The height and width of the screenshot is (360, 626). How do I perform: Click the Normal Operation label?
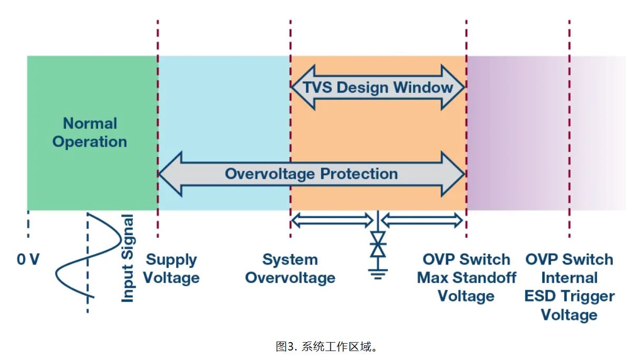pyautogui.click(x=90, y=133)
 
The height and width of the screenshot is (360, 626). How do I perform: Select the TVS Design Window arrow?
pyautogui.click(x=378, y=87)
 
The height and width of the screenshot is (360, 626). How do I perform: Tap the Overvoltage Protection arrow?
pyautogui.click(x=312, y=173)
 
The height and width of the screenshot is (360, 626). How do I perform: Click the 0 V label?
pyautogui.click(x=28, y=260)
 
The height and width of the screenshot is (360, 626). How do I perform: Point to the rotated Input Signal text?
pyautogui.click(x=128, y=258)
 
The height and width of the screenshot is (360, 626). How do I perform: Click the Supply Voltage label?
pyautogui.click(x=171, y=269)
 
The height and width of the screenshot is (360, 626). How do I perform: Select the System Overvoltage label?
pyautogui.click(x=290, y=269)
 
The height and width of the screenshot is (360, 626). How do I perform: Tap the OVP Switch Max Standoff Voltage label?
pyautogui.click(x=466, y=278)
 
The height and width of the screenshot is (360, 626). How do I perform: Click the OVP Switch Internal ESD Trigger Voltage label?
pyautogui.click(x=569, y=287)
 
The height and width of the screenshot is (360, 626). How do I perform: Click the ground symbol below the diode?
pyautogui.click(x=378, y=273)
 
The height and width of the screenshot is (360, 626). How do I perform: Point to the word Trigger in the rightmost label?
pyautogui.click(x=584, y=297)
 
